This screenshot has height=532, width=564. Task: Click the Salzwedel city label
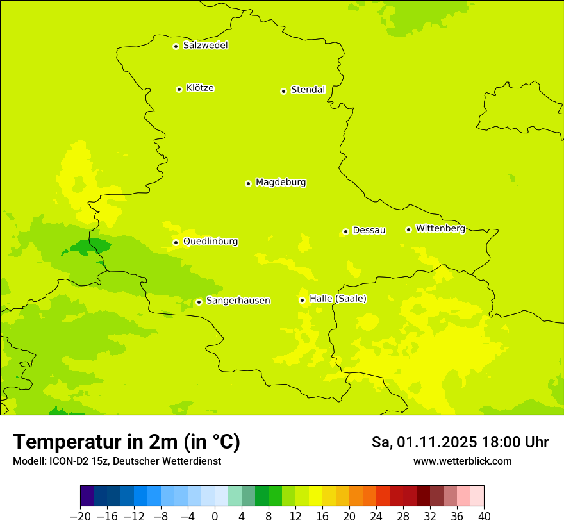pos(205,46)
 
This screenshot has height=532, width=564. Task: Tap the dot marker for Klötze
pos(179,89)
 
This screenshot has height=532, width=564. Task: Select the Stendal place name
pos(308,90)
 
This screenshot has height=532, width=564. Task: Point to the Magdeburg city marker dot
pos(248,183)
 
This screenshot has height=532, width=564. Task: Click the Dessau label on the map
pos(369,230)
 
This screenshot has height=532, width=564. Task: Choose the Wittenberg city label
pos(440,228)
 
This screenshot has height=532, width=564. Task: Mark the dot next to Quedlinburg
pos(176,242)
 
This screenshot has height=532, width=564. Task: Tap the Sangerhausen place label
pos(238,301)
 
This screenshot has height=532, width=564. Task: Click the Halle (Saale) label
pos(338,299)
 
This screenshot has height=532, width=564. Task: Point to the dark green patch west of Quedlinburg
pos(90,246)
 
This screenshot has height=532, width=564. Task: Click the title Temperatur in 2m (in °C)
pos(126,442)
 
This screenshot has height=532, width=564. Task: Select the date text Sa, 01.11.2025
pos(424,442)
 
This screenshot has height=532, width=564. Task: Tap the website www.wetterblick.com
pos(462,461)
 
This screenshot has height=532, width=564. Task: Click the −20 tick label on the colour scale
pos(80,517)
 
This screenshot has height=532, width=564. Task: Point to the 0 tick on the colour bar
pos(215,517)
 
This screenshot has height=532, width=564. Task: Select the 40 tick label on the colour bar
pos(484,517)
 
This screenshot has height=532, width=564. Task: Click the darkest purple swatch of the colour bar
pos(87,496)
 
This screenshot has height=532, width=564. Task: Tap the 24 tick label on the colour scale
pos(376,517)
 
